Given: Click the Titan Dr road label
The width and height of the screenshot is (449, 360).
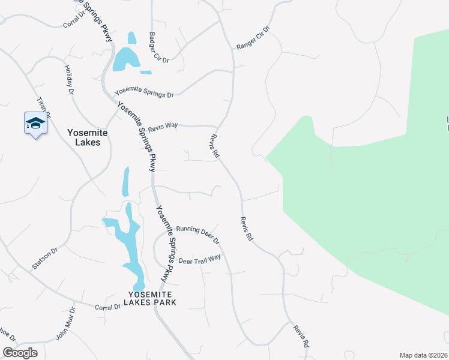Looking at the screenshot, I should click(x=44, y=107).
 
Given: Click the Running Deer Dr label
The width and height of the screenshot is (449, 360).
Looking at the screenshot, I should click(x=198, y=235).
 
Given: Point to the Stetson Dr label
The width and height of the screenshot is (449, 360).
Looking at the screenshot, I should click(x=45, y=257).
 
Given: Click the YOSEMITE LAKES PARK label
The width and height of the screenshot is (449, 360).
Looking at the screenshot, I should click(x=150, y=298).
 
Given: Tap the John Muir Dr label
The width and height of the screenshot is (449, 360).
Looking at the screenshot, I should click(x=65, y=325).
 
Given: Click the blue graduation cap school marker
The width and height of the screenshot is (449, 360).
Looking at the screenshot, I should click(x=35, y=124).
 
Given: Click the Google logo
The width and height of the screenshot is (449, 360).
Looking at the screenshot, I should click(x=20, y=353).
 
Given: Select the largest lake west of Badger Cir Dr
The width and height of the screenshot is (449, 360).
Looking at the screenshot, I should click(x=124, y=59).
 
